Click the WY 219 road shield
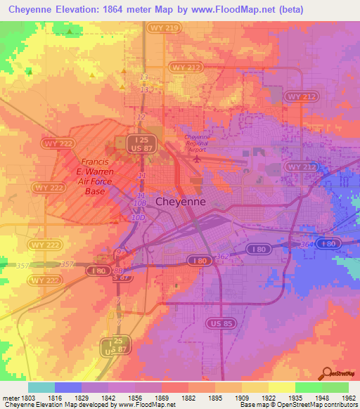click(x=158, y=28)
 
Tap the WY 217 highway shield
click(x=186, y=67)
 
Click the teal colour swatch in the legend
click(x=41, y=387)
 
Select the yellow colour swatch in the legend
click(x=281, y=387)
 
